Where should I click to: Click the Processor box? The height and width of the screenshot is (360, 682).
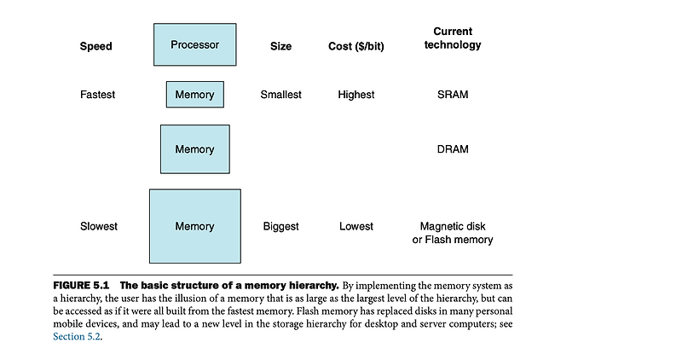[194, 44]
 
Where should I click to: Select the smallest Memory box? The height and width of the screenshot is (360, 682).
[194, 95]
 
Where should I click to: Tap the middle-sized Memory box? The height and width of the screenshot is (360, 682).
[194, 149]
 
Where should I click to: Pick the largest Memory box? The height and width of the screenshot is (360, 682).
[194, 226]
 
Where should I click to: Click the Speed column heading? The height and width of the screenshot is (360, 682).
[95, 46]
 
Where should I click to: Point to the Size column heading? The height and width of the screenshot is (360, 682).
[280, 46]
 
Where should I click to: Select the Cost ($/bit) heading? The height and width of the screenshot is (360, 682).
[355, 46]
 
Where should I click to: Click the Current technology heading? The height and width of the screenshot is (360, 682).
[452, 38]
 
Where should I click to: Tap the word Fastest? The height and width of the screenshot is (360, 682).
[97, 95]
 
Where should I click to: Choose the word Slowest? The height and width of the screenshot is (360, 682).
[98, 226]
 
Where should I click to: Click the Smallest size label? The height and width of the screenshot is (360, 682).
[280, 95]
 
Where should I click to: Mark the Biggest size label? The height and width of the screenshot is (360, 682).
[280, 226]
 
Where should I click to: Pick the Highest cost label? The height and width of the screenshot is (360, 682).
[355, 95]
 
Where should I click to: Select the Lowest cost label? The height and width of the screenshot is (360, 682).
[355, 226]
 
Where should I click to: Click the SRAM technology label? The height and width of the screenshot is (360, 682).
[452, 95]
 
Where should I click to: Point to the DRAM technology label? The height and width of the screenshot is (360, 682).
[452, 149]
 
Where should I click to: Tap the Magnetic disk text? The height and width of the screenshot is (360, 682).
[452, 227]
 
